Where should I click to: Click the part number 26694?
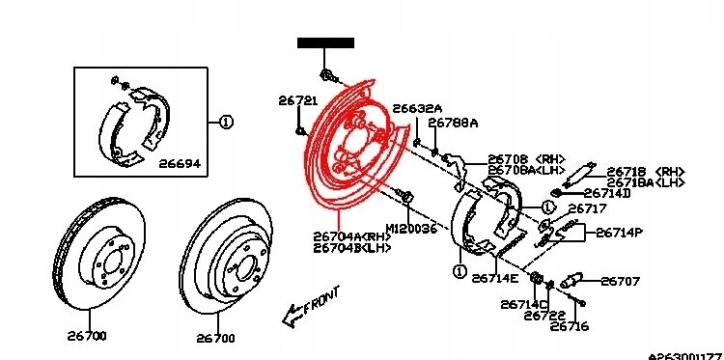click(180, 165)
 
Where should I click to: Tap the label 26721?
click(296, 100)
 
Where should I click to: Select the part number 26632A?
click(417, 108)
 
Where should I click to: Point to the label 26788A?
click(453, 124)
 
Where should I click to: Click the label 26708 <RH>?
click(525, 159)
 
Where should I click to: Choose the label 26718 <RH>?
click(645, 170)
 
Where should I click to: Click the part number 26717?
click(588, 208)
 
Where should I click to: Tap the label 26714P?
click(621, 233)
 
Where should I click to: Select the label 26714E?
click(494, 278)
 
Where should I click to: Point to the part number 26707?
click(621, 282)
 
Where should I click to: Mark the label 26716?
click(570, 326)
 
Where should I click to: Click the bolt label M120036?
click(411, 229)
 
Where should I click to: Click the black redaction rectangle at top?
click(325, 42)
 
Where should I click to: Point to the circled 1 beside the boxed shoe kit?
click(226, 123)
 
